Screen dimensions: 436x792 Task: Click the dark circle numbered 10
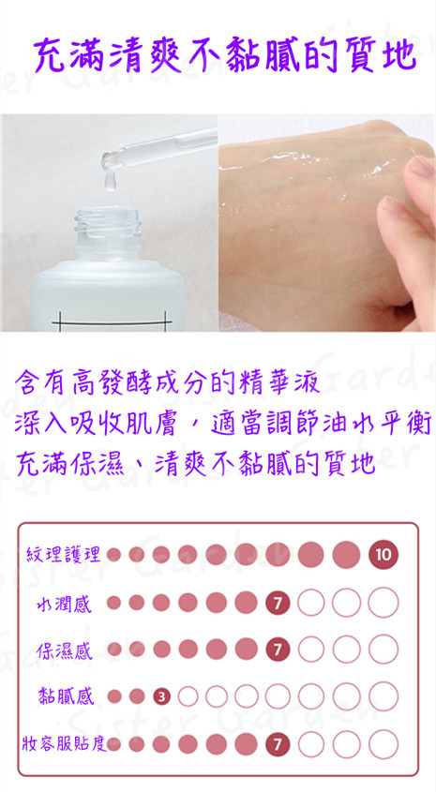pyautogui.click(x=383, y=555)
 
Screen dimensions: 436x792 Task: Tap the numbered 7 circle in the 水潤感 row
pyautogui.click(x=278, y=602)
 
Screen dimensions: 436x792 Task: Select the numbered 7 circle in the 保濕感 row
pyautogui.click(x=278, y=649)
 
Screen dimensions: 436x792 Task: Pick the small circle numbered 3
pyautogui.click(x=161, y=697)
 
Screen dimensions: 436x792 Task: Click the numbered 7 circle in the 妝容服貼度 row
pyautogui.click(x=278, y=743)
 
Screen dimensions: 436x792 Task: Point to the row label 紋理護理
pyautogui.click(x=63, y=555)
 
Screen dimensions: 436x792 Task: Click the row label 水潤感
pyautogui.click(x=64, y=603)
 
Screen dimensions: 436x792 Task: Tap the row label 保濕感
pyautogui.click(x=64, y=650)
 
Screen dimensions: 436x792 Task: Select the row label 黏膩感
pyautogui.click(x=66, y=697)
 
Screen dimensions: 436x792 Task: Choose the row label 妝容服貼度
pyautogui.click(x=64, y=743)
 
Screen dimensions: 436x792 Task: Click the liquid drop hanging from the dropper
pyautogui.click(x=110, y=181)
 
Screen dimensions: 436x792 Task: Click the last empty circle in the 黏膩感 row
pyautogui.click(x=383, y=696)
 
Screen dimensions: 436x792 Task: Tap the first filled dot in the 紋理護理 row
pyautogui.click(x=113, y=555)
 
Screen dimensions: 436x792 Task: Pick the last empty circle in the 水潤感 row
pyautogui.click(x=383, y=602)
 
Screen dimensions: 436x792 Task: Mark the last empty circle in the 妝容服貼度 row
pyautogui.click(x=383, y=743)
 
